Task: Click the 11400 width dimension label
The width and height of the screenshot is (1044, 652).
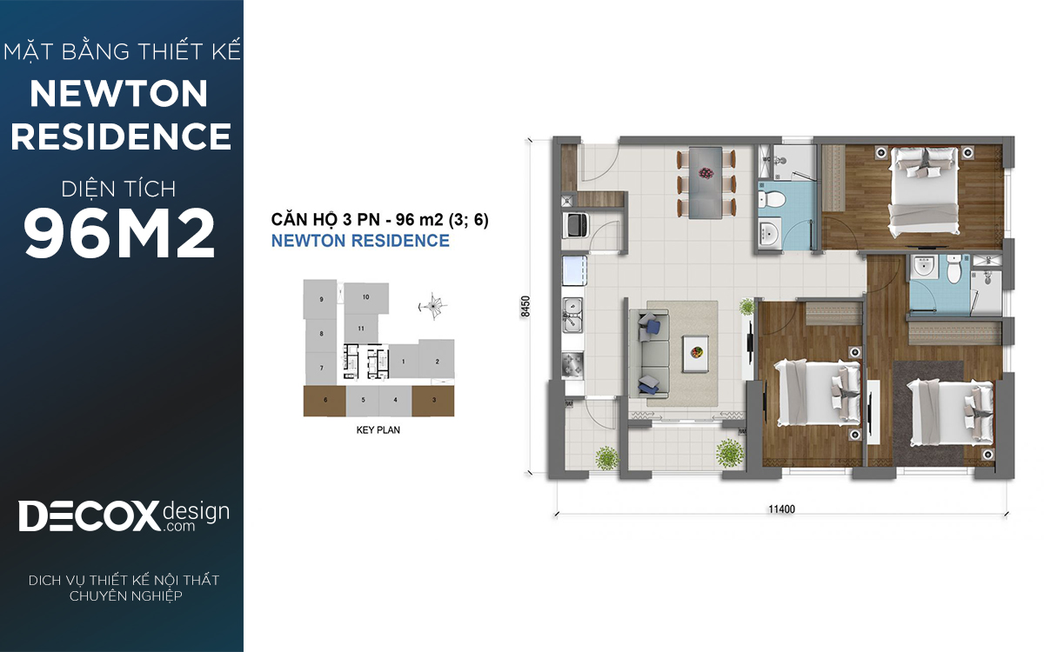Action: coord(781,509)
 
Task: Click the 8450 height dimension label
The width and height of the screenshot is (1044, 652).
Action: coord(525,306)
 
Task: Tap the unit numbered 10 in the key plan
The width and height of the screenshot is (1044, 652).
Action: coord(366,297)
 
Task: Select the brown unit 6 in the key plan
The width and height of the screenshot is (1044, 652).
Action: coord(325,401)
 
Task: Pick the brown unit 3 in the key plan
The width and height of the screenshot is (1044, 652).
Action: coord(433,401)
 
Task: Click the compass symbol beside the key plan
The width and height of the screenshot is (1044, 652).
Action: coord(433,306)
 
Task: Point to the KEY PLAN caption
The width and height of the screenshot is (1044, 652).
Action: coord(378,429)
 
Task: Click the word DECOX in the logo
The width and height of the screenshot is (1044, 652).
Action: coord(89,516)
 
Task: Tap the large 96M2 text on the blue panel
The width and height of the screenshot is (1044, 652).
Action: coord(119,233)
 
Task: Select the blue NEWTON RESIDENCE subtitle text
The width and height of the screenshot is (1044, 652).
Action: coord(360,241)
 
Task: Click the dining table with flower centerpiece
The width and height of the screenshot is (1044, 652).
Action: coord(706,182)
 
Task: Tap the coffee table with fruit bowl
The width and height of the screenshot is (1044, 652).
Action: coord(695,354)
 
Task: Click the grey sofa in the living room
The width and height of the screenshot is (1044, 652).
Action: coord(649,355)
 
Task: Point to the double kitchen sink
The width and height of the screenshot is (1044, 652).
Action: coord(572,315)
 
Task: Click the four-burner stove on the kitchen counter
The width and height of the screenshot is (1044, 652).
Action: coord(572,366)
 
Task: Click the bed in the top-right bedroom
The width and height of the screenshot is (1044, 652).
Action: coord(925,191)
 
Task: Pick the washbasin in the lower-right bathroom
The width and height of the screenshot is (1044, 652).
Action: coord(922,267)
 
